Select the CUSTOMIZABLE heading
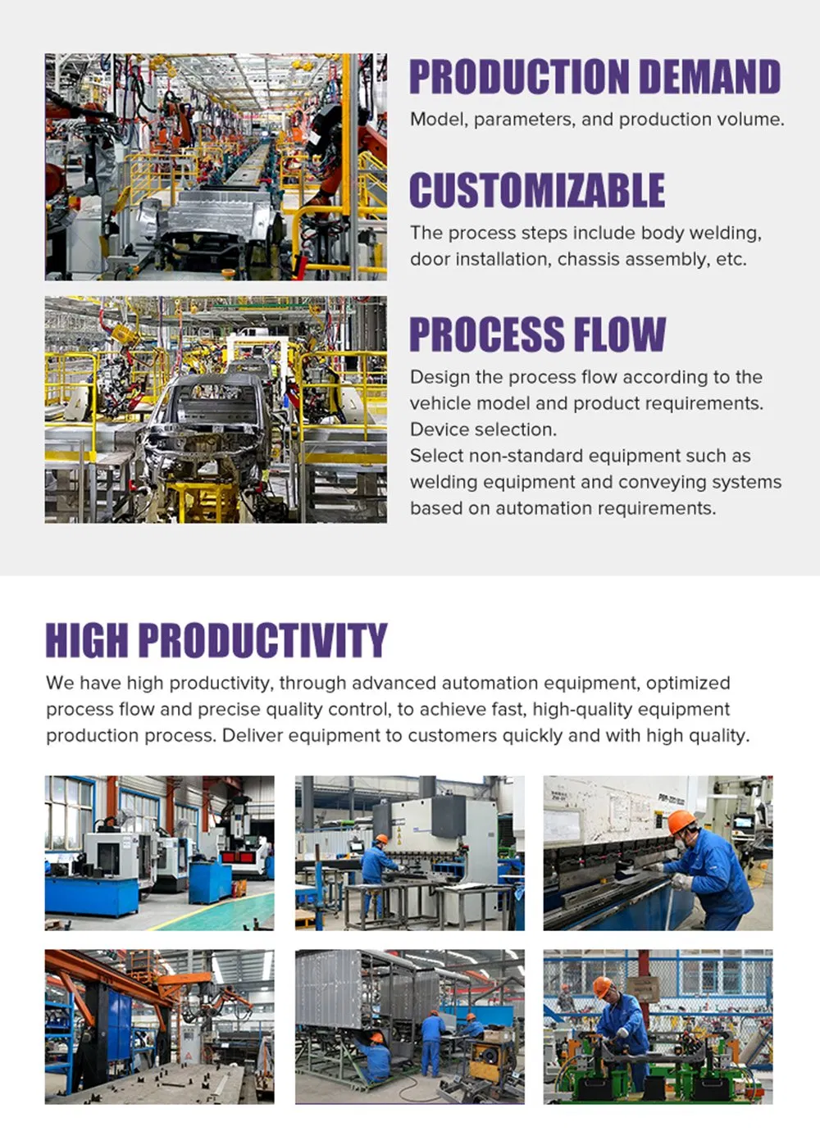[x=537, y=191]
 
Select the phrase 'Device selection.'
[x=483, y=429]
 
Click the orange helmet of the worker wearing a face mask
[x=681, y=821]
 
